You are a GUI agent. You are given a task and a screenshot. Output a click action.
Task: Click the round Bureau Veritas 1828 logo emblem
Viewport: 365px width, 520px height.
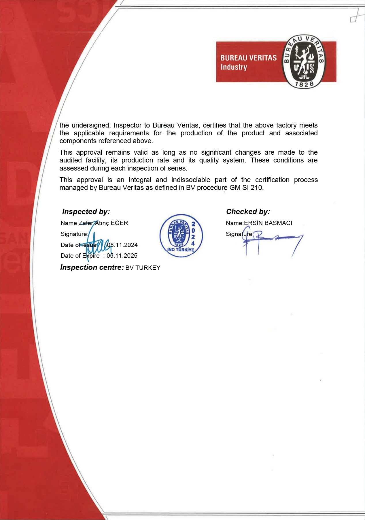[x=303, y=61]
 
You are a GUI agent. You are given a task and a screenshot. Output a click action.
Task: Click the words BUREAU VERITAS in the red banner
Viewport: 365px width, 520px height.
[x=248, y=58]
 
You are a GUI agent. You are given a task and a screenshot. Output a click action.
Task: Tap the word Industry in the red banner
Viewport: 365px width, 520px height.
[x=234, y=67]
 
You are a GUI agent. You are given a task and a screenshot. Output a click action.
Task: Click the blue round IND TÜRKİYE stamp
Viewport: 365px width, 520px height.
[x=181, y=235]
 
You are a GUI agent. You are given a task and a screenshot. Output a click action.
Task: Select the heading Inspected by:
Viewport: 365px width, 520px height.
[x=86, y=212]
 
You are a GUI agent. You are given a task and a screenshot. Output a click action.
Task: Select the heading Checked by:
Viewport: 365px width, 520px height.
[x=248, y=212]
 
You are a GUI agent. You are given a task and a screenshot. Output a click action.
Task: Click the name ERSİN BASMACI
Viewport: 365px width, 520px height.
[x=268, y=223]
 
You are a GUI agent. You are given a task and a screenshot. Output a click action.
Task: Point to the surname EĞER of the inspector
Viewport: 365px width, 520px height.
[x=119, y=223]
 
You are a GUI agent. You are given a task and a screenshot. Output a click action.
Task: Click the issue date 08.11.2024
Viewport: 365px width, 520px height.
[x=122, y=245]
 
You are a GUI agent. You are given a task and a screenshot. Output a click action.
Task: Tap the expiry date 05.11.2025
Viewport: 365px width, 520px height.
[x=122, y=256]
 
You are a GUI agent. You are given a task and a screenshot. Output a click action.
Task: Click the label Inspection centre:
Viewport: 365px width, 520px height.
[x=92, y=268]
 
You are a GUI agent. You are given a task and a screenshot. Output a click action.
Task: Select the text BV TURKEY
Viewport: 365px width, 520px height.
[x=143, y=268]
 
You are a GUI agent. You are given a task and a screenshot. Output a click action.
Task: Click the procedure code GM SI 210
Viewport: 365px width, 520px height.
[x=246, y=188]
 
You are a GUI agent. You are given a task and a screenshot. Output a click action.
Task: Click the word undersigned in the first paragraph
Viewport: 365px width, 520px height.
[x=91, y=125]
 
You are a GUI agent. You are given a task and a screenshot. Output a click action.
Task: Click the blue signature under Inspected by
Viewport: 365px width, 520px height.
[x=97, y=244]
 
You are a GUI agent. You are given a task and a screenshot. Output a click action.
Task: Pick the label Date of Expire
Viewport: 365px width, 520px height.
[x=80, y=256]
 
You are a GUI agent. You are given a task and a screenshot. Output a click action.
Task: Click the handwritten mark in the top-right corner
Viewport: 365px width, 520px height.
[x=355, y=17]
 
